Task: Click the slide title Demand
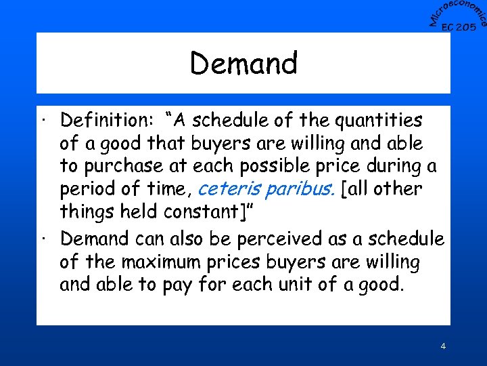point(243,64)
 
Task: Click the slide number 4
point(443,346)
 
